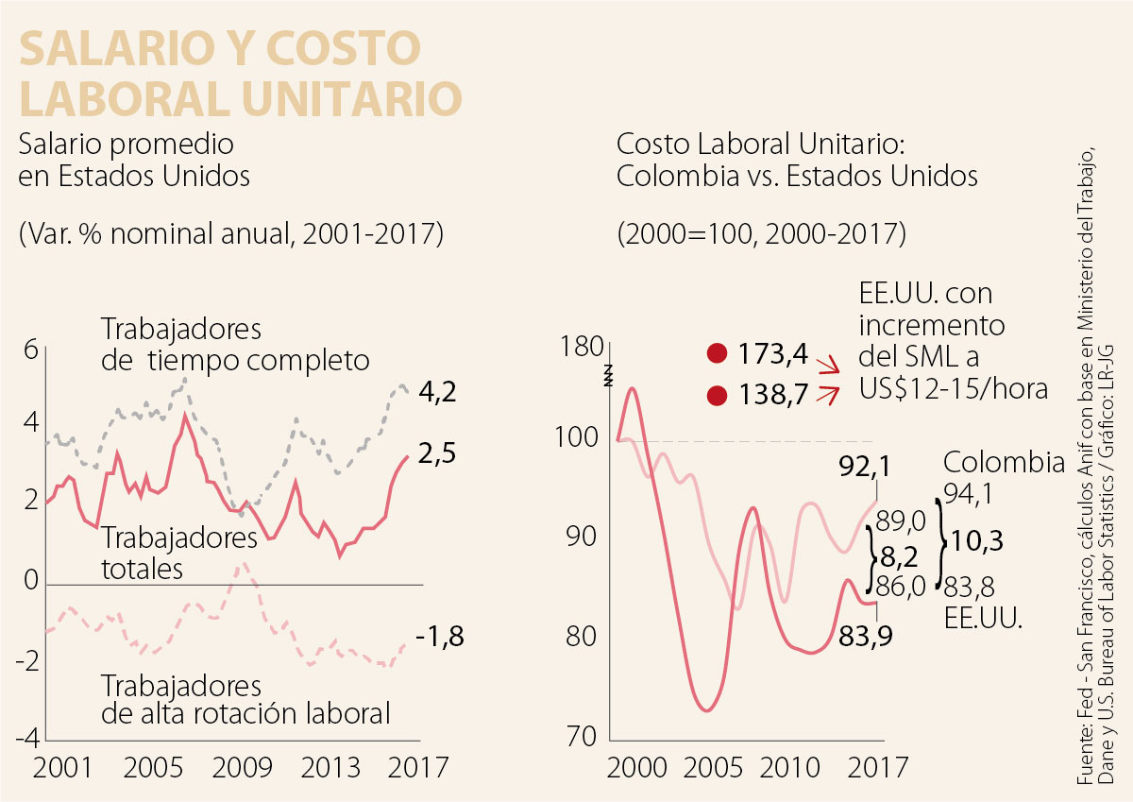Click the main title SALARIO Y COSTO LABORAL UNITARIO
[x=241, y=72]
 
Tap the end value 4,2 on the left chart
[x=436, y=391]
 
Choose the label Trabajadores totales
[x=179, y=554]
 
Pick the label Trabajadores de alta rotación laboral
[x=245, y=699]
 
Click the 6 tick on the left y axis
[x=30, y=350]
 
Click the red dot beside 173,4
[x=718, y=354]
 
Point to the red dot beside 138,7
[x=718, y=394]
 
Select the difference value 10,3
[x=978, y=541]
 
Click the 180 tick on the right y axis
[x=581, y=348]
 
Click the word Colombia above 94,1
[x=1004, y=462]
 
